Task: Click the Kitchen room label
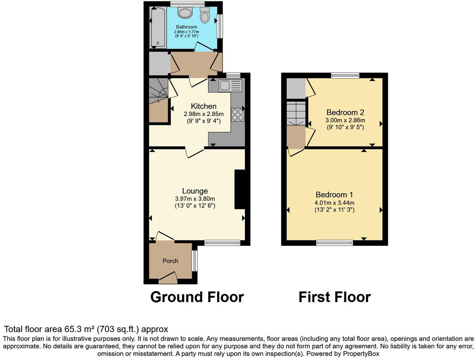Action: [203, 106]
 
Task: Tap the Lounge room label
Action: [195, 191]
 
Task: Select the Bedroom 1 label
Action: [334, 195]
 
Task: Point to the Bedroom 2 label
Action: [345, 112]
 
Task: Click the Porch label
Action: [170, 261]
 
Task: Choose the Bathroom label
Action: [186, 27]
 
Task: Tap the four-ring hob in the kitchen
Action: [238, 115]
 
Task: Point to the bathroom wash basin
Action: [185, 13]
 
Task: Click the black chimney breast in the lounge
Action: [240, 189]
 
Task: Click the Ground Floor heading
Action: [197, 297]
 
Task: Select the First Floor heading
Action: [335, 297]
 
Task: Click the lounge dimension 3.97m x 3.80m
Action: [195, 199]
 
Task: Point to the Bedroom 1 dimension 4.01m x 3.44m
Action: [334, 203]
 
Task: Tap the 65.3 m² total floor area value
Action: [80, 329]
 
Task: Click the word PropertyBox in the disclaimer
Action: [361, 354]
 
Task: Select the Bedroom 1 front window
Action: [335, 243]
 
